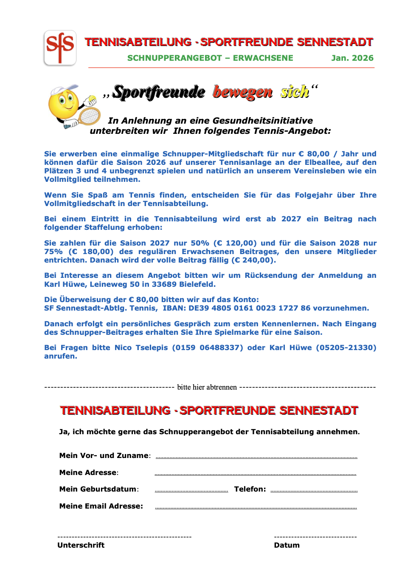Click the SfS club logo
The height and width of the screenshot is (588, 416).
(60, 48)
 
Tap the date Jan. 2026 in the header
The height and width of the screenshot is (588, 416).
(352, 58)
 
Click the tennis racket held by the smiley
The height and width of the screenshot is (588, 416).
(89, 115)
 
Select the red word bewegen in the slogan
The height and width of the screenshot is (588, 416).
(242, 92)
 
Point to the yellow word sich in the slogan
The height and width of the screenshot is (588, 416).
(295, 92)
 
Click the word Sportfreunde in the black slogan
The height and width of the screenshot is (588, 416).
(159, 92)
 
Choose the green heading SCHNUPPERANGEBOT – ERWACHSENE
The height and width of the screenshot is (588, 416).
(210, 58)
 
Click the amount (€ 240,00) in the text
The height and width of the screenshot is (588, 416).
(253, 260)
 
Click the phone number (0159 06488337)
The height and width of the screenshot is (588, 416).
(208, 348)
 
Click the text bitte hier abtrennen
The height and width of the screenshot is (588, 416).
(207, 387)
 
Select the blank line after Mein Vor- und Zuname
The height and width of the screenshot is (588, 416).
(256, 458)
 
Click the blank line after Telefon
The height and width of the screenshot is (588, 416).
(314, 491)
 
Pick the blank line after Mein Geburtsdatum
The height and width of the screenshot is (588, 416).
(191, 491)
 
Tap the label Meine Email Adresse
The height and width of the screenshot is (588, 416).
(101, 506)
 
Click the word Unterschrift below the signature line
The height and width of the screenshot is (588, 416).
(81, 545)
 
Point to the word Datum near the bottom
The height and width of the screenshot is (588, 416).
(287, 545)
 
